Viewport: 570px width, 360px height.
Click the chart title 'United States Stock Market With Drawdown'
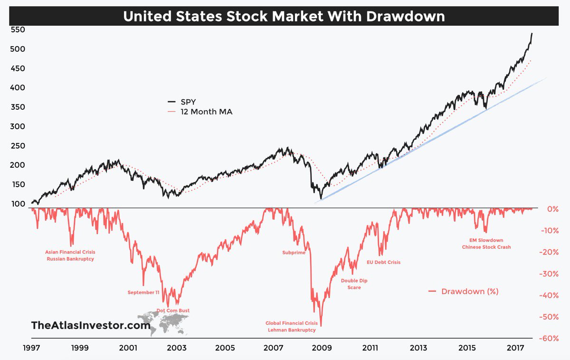(284, 16)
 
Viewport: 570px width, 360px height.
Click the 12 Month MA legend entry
(199, 112)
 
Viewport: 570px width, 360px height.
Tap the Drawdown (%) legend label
(469, 291)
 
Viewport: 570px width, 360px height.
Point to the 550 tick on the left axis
(18, 29)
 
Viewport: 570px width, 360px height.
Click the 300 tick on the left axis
(18, 126)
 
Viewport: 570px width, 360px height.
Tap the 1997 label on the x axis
(32, 348)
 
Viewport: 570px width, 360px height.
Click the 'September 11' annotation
(143, 293)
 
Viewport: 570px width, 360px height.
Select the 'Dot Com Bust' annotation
(173, 311)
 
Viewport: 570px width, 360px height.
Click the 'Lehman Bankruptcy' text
(292, 330)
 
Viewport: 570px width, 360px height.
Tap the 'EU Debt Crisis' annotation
(384, 262)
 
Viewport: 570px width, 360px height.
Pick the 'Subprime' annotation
(294, 253)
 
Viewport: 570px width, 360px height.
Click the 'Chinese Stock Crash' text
(486, 247)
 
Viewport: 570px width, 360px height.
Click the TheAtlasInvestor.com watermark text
(90, 325)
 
